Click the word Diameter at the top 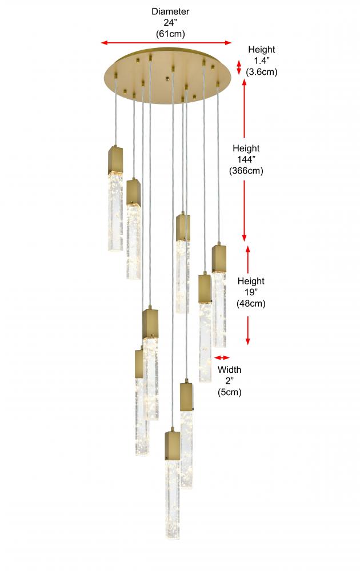click(x=170, y=11)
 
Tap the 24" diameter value click(x=170, y=23)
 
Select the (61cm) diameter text click(x=170, y=34)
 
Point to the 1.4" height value click(x=261, y=61)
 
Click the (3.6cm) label click(x=261, y=72)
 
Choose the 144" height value click(x=246, y=159)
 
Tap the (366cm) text click(x=246, y=170)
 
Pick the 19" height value click(x=251, y=292)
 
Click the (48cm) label click(x=251, y=303)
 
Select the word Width click(x=229, y=369)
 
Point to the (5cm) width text click(x=229, y=392)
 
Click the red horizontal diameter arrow click(x=166, y=43)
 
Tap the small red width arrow click(x=222, y=357)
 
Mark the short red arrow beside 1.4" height click(x=239, y=67)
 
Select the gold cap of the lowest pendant click(x=173, y=445)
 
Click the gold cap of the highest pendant click(x=115, y=160)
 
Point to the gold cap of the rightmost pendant click(x=219, y=259)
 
